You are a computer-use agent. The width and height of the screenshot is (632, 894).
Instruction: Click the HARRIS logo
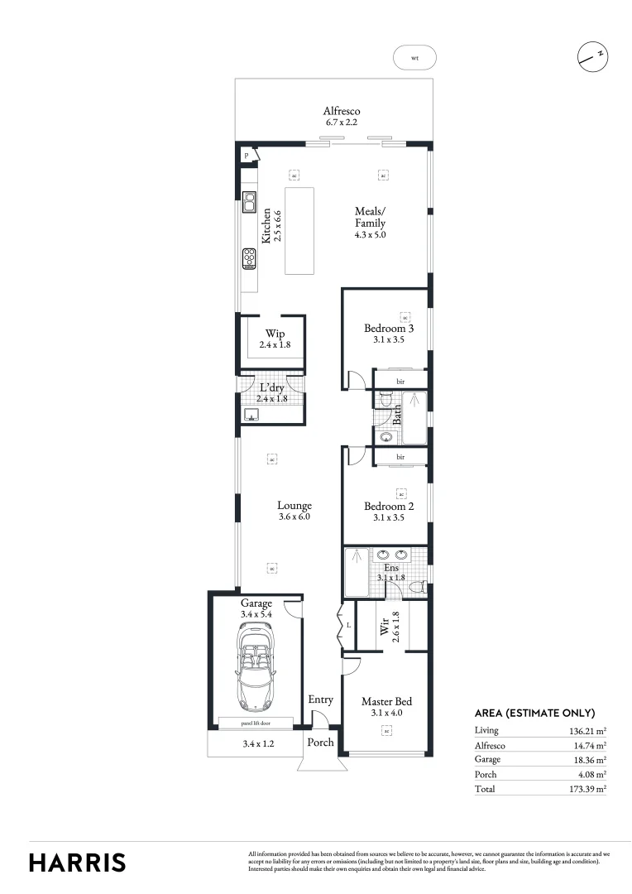click(x=78, y=862)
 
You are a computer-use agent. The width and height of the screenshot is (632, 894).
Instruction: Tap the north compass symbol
click(x=592, y=56)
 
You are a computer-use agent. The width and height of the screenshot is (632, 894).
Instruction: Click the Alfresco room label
click(x=342, y=111)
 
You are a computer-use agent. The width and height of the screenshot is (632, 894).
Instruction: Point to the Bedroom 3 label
click(x=389, y=329)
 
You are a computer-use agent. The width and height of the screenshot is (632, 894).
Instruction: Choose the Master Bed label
click(x=386, y=701)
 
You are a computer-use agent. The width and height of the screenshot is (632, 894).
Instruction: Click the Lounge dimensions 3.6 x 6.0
click(x=294, y=517)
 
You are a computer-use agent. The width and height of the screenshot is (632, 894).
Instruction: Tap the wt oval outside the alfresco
click(x=415, y=58)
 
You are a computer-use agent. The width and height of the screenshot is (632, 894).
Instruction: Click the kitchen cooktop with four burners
click(x=248, y=259)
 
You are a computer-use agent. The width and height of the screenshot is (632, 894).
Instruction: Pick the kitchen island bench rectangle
click(x=300, y=230)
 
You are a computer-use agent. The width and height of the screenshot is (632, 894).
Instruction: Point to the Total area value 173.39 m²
click(x=588, y=789)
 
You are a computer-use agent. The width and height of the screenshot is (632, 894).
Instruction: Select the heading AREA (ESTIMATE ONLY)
click(x=534, y=713)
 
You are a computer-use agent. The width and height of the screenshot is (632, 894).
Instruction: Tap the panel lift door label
click(x=255, y=723)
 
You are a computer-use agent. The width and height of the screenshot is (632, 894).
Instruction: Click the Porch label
click(x=321, y=743)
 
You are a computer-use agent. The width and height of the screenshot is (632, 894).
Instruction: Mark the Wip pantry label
click(x=275, y=334)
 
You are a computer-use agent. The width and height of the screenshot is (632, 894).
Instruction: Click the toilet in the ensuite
click(x=419, y=587)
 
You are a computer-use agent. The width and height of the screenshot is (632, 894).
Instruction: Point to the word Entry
click(x=321, y=700)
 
